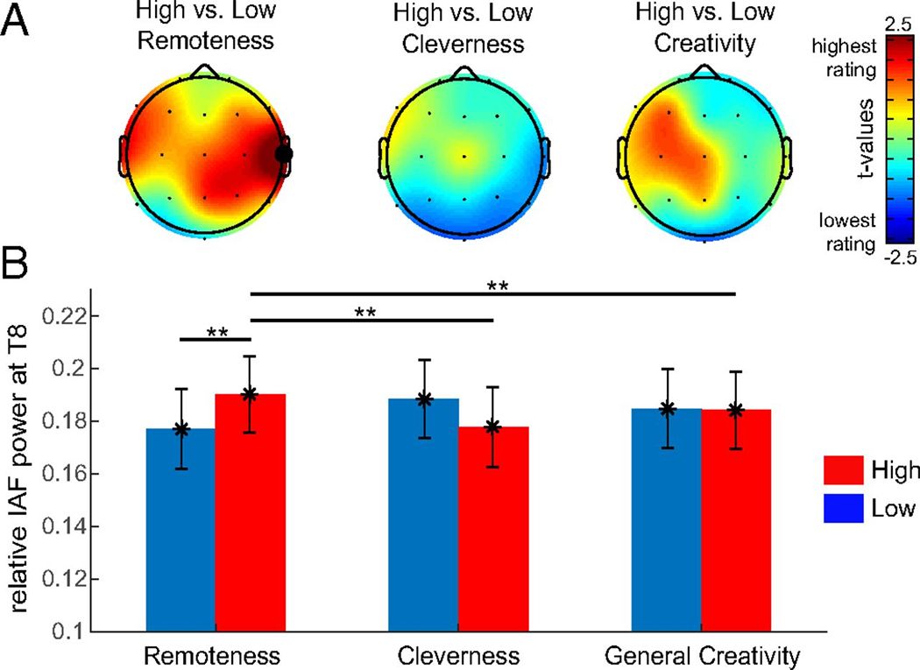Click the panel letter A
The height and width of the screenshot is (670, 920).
(19, 19)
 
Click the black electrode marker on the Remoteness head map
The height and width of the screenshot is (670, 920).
(283, 154)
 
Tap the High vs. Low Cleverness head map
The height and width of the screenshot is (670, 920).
(464, 158)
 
